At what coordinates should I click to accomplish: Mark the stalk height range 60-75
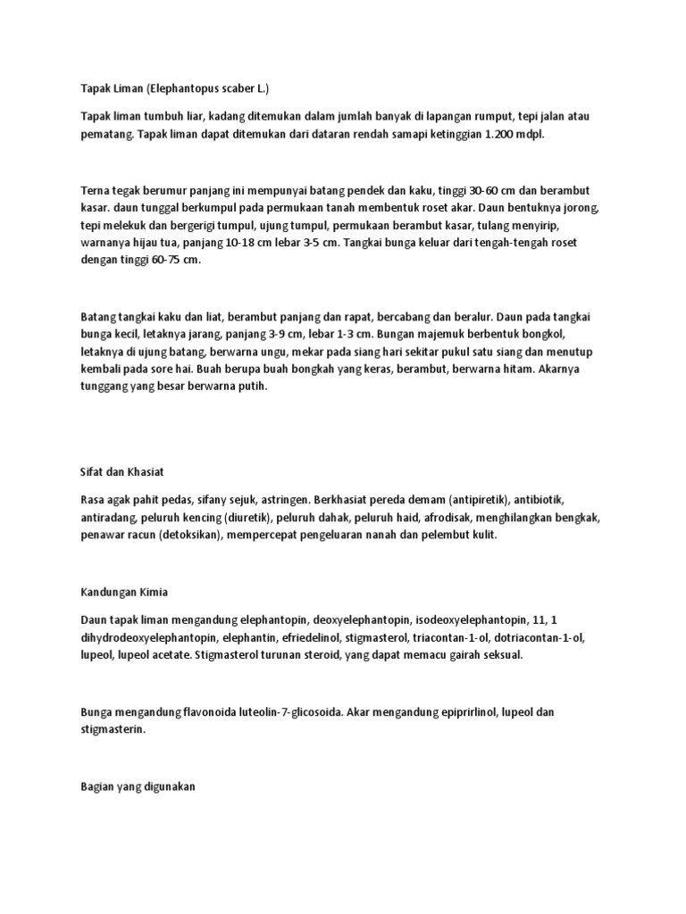(161, 260)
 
